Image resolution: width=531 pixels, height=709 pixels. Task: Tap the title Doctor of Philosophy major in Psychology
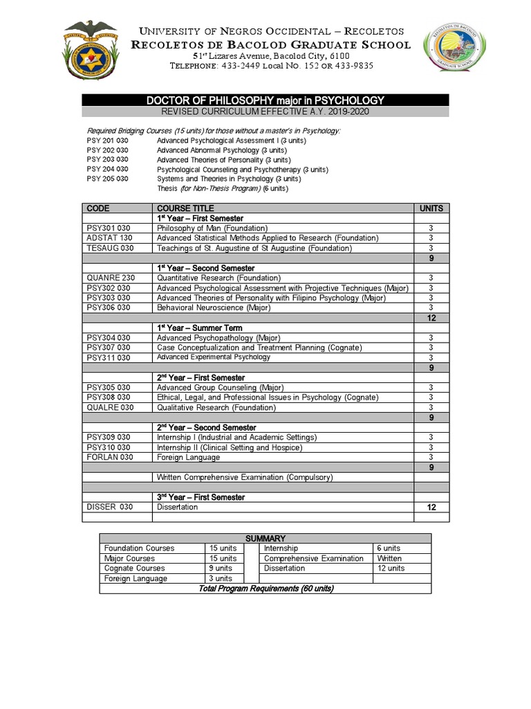265,101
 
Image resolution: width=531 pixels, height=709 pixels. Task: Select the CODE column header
98,208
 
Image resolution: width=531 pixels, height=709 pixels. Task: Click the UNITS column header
431,208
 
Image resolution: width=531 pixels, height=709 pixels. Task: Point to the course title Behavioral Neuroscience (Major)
213,307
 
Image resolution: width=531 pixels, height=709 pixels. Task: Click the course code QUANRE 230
109,278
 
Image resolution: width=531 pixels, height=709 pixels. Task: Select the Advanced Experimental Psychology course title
213,357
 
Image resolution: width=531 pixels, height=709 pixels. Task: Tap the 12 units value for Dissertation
431,508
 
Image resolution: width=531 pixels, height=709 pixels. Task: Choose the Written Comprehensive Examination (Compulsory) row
245,478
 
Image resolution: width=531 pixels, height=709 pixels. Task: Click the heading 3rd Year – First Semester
201,497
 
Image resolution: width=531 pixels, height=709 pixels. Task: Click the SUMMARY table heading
265,538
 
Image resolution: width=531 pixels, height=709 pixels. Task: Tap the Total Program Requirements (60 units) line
265,589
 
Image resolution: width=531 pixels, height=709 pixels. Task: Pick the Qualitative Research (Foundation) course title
216,408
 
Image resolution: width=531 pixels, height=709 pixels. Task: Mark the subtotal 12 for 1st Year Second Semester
431,317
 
